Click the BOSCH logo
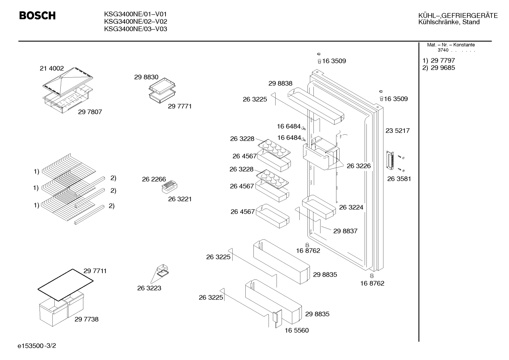click(37, 16)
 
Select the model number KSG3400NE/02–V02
click(136, 22)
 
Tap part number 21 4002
click(52, 68)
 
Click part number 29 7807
click(90, 112)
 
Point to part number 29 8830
click(146, 77)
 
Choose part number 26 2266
click(154, 179)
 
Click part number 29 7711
click(95, 271)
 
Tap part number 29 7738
click(86, 319)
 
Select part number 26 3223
click(149, 288)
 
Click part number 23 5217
click(397, 130)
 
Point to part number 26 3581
click(399, 179)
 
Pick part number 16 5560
click(297, 330)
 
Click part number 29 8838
click(280, 83)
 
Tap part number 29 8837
click(345, 231)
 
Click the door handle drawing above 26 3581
click(390, 160)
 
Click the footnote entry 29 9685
click(443, 68)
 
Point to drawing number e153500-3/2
click(37, 346)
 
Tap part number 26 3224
click(351, 207)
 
